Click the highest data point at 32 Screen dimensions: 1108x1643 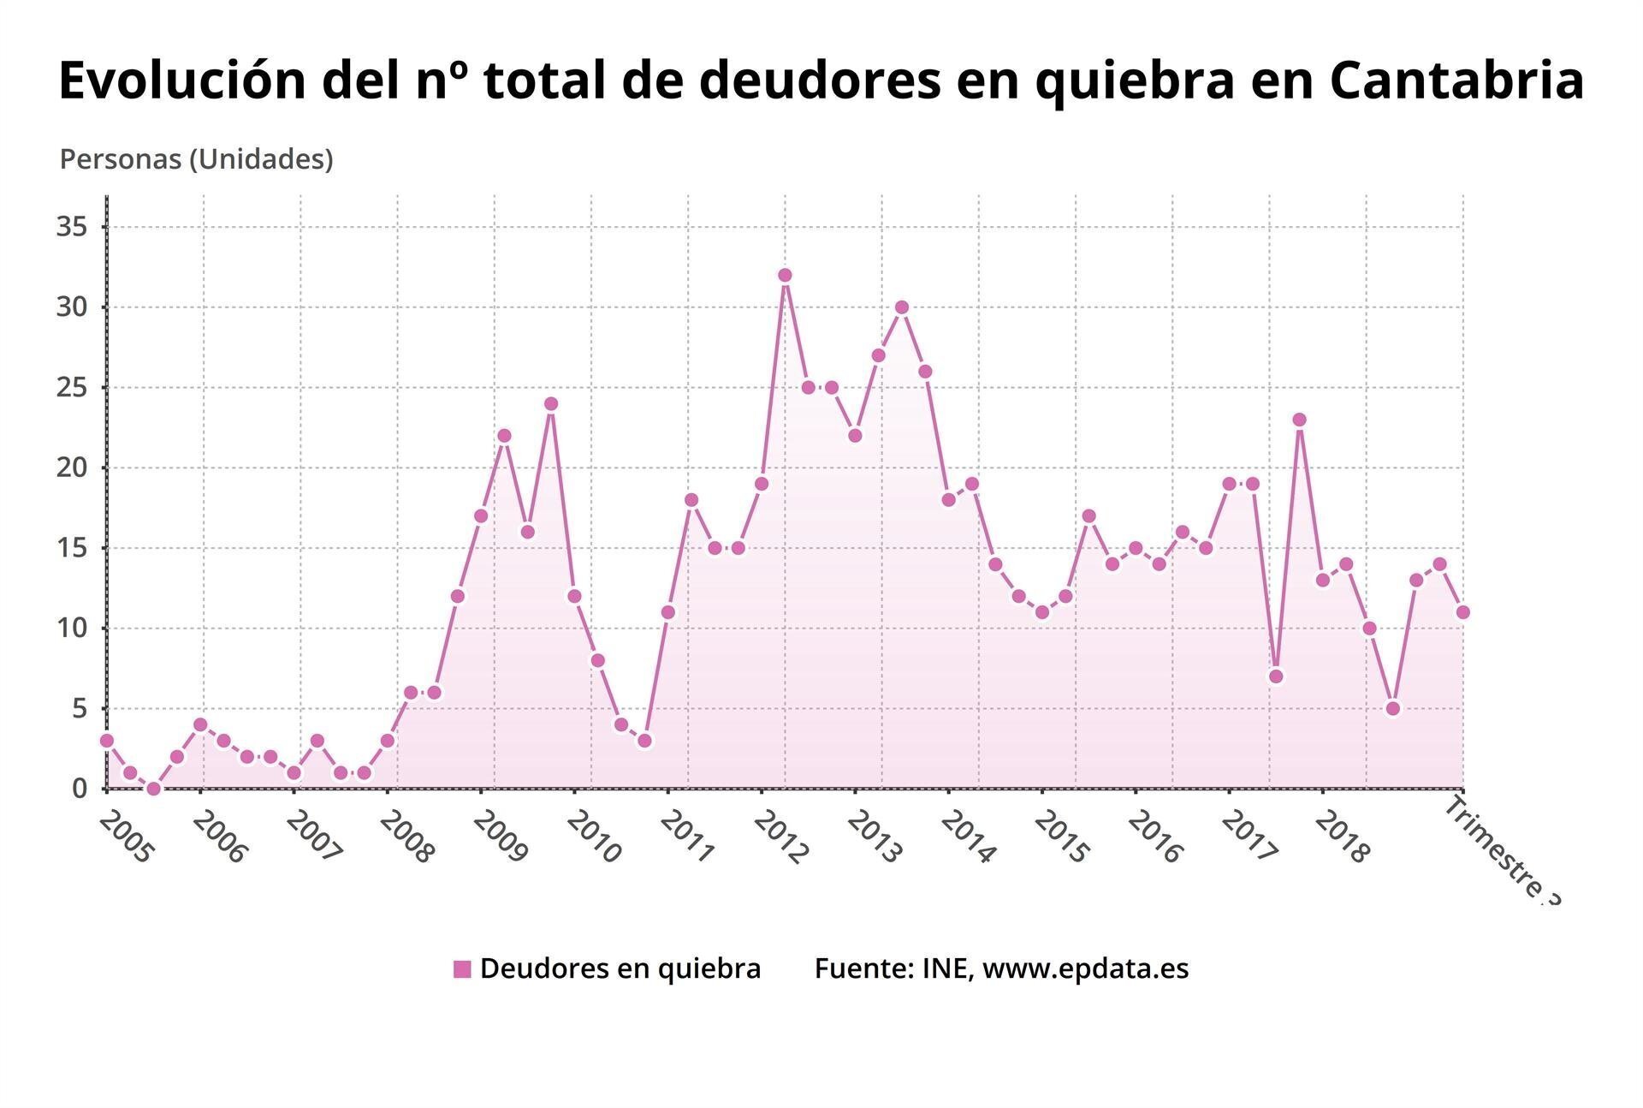coord(785,275)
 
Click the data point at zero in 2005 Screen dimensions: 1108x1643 coord(153,789)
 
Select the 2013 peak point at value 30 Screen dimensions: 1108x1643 coord(901,307)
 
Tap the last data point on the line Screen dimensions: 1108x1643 coord(1462,612)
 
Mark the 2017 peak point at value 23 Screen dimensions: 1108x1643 coord(1299,420)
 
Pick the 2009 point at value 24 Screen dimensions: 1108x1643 coord(551,404)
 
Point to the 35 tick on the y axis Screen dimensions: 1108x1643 coord(72,227)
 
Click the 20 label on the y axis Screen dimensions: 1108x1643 coord(72,468)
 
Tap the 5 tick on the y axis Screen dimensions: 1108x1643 coord(80,708)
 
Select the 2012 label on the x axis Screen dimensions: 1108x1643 coord(780,837)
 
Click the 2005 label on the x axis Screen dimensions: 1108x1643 coord(126,837)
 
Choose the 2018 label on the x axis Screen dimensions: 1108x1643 coord(1342,837)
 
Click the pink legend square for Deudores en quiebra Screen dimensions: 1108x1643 coord(462,969)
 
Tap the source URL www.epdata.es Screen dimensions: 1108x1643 coord(1085,968)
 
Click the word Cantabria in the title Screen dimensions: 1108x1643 coord(1456,80)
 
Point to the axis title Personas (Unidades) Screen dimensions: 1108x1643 coord(196,159)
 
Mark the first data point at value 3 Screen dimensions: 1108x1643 coord(107,741)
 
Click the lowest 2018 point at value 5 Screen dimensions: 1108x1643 coord(1392,708)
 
